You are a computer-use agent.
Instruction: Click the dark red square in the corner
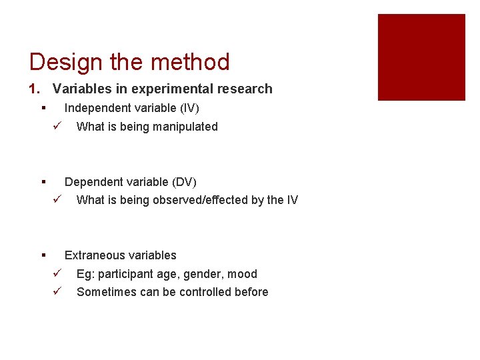point(421,57)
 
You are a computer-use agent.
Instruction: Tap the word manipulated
point(185,127)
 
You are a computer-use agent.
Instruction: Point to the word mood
point(243,274)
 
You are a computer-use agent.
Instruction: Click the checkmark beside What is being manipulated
point(57,127)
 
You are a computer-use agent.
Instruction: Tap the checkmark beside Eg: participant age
point(57,274)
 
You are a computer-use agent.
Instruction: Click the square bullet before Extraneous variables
point(43,255)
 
